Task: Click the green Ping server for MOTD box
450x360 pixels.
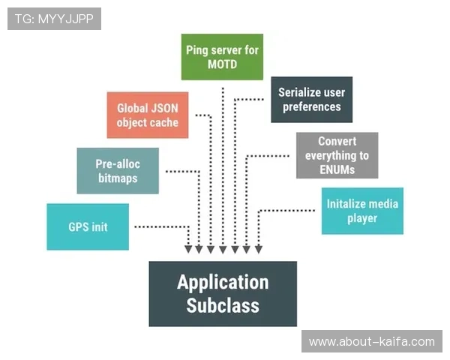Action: [222, 56]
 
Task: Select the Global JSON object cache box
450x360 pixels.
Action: [147, 115]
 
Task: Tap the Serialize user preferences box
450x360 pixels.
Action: [311, 100]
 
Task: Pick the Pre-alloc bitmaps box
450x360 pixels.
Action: [118, 170]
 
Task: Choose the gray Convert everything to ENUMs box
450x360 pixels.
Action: [337, 155]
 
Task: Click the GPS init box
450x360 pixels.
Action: [88, 226]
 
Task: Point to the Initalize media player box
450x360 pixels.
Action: [362, 211]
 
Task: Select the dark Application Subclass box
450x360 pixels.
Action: [223, 293]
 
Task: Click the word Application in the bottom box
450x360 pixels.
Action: [223, 282]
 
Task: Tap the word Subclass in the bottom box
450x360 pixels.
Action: [223, 305]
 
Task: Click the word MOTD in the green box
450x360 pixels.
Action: [223, 64]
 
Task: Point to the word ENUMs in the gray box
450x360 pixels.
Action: [337, 169]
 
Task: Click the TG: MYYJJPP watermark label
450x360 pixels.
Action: [54, 18]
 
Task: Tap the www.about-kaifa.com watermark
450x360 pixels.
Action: [371, 341]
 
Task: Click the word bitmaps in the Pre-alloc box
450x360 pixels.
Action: [118, 178]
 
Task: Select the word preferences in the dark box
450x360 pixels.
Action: [311, 106]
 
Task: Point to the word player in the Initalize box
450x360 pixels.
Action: [362, 218]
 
